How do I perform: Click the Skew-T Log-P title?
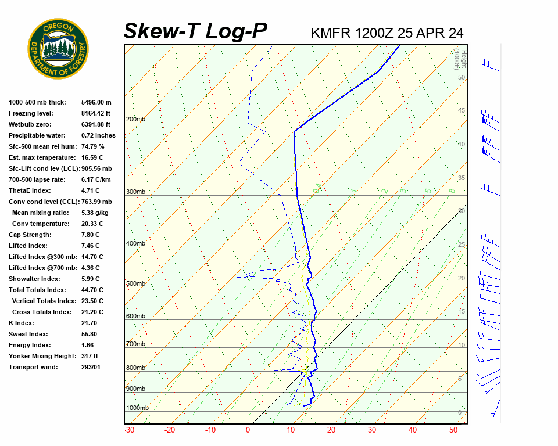pos(195,31)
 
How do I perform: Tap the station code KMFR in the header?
pos(331,33)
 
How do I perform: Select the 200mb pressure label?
pos(135,119)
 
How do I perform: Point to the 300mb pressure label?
pos(135,192)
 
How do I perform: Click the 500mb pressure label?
pos(135,283)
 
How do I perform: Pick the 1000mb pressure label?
pos(137,408)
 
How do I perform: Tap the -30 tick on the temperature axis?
pos(130,430)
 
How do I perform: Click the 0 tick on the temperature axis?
pos(248,430)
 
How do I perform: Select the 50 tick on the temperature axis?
pos(453,430)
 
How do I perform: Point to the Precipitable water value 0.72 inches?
pos(99,135)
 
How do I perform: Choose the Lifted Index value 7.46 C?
pos(92,246)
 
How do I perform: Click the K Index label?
pos(22,323)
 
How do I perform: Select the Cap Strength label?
pos(30,235)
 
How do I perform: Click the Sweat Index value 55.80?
pos(90,334)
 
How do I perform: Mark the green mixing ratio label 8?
pos(452,190)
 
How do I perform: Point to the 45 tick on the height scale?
pos(462,110)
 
